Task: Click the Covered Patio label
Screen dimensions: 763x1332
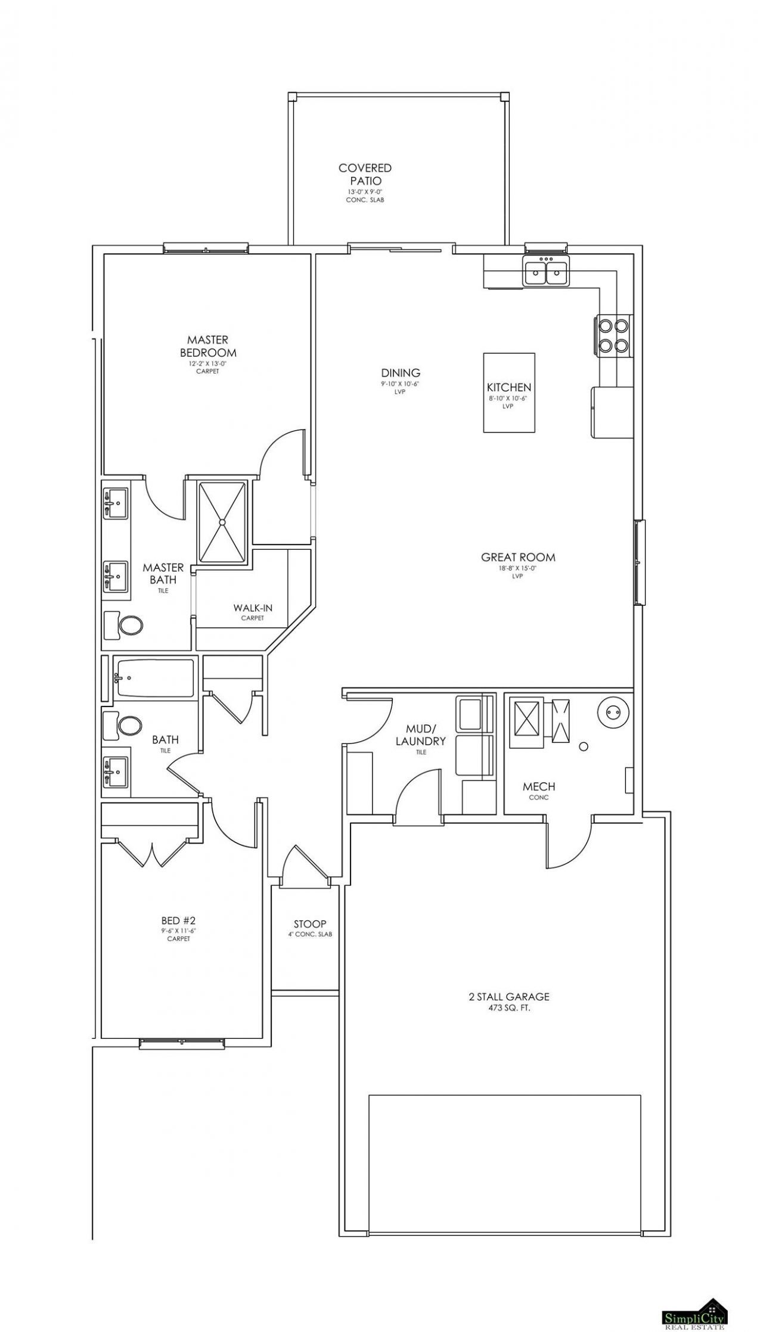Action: coord(365,174)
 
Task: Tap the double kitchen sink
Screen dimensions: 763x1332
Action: coord(546,271)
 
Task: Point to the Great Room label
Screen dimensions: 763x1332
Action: coord(518,557)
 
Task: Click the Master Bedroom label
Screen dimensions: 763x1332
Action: coord(208,346)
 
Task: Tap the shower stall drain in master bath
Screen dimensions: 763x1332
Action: coord(222,522)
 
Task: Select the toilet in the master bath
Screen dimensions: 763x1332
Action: coord(123,625)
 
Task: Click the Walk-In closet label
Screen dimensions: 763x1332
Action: coord(253,608)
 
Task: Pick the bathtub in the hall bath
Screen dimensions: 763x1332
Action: coord(154,677)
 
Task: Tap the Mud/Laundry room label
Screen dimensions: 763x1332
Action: coord(426,735)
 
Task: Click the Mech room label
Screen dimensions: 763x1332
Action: coord(539,787)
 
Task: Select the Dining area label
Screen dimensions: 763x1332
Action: coord(401,374)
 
